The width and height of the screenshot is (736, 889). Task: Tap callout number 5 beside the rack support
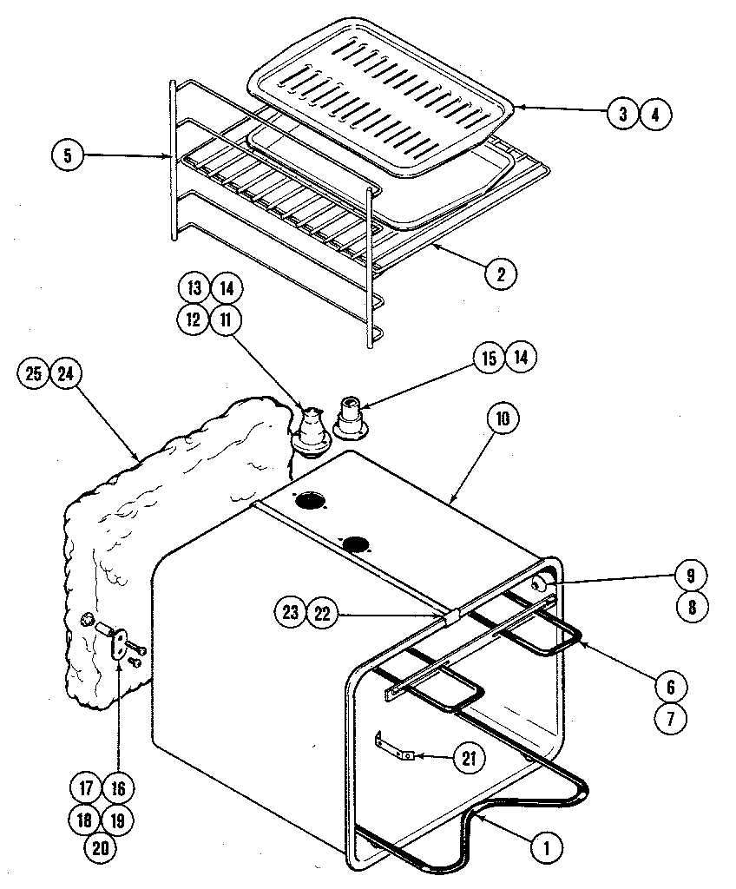(x=68, y=156)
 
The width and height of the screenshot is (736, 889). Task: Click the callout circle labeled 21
(x=467, y=757)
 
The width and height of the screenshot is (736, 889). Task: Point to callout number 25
(x=34, y=373)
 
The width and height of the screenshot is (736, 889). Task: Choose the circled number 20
(x=101, y=848)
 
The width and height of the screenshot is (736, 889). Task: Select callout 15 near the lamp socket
(x=490, y=357)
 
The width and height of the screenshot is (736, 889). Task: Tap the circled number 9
(x=691, y=575)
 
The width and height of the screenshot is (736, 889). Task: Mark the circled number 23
(x=291, y=613)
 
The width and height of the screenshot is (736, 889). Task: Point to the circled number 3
(x=622, y=114)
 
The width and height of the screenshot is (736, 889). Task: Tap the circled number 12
(x=194, y=319)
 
